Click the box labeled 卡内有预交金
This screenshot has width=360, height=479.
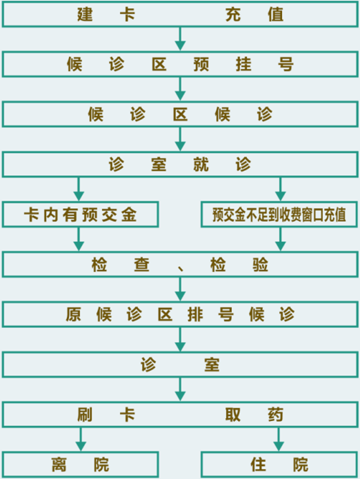[81, 214]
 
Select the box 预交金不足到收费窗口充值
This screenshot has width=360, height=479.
[279, 214]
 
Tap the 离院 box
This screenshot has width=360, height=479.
[81, 465]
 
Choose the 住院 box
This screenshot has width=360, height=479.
[279, 465]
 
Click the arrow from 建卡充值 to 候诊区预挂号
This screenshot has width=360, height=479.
[180, 39]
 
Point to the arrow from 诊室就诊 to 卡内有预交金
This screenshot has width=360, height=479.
[79, 189]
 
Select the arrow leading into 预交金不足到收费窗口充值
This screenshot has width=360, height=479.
[280, 189]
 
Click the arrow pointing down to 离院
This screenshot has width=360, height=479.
[81, 439]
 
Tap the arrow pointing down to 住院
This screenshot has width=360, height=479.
[279, 439]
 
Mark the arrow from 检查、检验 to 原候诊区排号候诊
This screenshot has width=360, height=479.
[180, 289]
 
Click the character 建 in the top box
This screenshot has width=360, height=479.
[85, 14]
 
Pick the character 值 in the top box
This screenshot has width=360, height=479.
[276, 14]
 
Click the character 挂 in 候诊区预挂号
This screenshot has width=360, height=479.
[243, 65]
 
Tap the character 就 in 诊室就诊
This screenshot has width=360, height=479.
[201, 164]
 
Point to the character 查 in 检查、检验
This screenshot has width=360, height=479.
[142, 265]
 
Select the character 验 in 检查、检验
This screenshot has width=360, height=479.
[261, 265]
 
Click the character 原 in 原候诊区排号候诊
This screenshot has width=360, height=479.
[73, 314]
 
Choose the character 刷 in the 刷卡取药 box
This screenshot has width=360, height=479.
[85, 414]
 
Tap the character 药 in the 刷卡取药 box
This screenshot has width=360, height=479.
[276, 414]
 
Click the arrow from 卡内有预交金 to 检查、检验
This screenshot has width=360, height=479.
[79, 240]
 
